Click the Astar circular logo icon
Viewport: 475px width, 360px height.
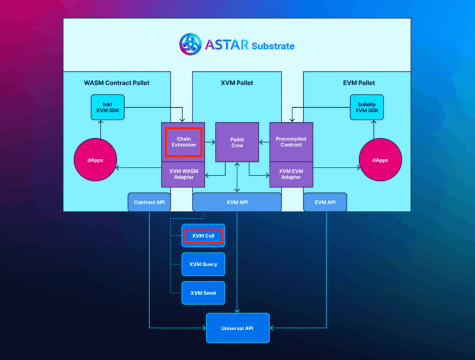[x=190, y=44]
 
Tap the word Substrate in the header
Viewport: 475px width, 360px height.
[x=273, y=46]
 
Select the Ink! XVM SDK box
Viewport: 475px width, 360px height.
[x=108, y=107]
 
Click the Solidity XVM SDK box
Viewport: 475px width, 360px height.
[x=367, y=107]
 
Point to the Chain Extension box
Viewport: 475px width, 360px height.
[x=183, y=142]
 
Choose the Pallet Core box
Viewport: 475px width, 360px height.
[x=237, y=142]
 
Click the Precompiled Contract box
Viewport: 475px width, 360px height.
[x=291, y=142]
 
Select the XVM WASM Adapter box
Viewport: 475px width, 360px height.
[x=183, y=174]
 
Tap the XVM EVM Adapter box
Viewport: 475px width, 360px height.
[x=291, y=174]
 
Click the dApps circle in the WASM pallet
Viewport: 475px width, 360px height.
[x=95, y=160]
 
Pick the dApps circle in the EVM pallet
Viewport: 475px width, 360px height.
[x=380, y=160]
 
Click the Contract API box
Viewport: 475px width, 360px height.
[x=149, y=202]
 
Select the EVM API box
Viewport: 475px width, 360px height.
[x=325, y=202]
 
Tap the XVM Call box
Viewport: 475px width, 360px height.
[x=203, y=236]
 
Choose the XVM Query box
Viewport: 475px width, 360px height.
[x=203, y=264]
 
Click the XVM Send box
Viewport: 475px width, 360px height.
[x=203, y=293]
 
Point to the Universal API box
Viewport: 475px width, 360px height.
[x=237, y=328]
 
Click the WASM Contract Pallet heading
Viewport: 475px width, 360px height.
[x=117, y=83]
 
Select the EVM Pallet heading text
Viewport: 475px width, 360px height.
[x=359, y=83]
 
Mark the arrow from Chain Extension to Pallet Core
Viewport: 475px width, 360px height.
[x=210, y=142]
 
